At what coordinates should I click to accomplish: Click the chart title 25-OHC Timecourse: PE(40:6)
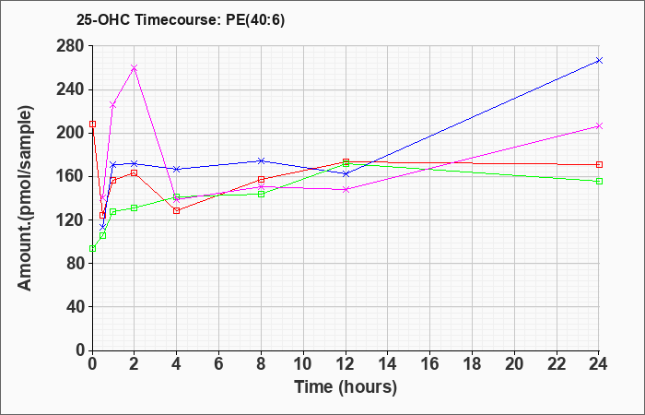click(x=181, y=20)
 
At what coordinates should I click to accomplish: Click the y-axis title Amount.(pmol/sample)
click(x=25, y=198)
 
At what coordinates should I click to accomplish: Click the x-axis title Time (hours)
click(x=346, y=387)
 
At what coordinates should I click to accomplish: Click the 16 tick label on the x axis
click(x=430, y=364)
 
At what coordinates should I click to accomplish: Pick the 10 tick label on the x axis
click(x=303, y=364)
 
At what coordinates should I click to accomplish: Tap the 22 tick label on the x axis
click(x=557, y=364)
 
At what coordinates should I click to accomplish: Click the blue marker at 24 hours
click(x=599, y=61)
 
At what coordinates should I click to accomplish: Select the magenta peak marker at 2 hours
click(x=135, y=67)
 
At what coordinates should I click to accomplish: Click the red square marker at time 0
click(x=92, y=124)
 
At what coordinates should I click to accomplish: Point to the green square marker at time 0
click(x=92, y=248)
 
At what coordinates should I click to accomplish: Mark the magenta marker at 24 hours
click(x=599, y=126)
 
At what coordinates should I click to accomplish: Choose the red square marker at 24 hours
click(x=599, y=165)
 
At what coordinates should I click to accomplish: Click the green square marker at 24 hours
click(x=599, y=181)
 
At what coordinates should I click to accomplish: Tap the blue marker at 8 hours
click(x=261, y=160)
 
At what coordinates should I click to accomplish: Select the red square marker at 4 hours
click(x=177, y=211)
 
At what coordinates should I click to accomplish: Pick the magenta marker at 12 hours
click(x=346, y=189)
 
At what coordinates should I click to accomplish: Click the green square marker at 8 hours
click(x=261, y=194)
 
